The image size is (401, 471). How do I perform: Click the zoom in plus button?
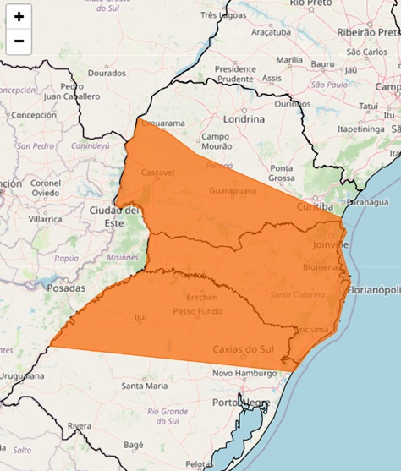coord(19,16)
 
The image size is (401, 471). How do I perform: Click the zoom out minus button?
coord(19,41)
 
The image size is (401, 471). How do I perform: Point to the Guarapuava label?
coord(233,191)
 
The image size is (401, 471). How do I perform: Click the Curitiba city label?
coord(316,206)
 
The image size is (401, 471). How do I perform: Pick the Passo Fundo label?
coord(197,311)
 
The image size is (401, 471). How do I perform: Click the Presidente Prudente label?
coord(236,74)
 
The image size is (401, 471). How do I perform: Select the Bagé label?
coord(134,444)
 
